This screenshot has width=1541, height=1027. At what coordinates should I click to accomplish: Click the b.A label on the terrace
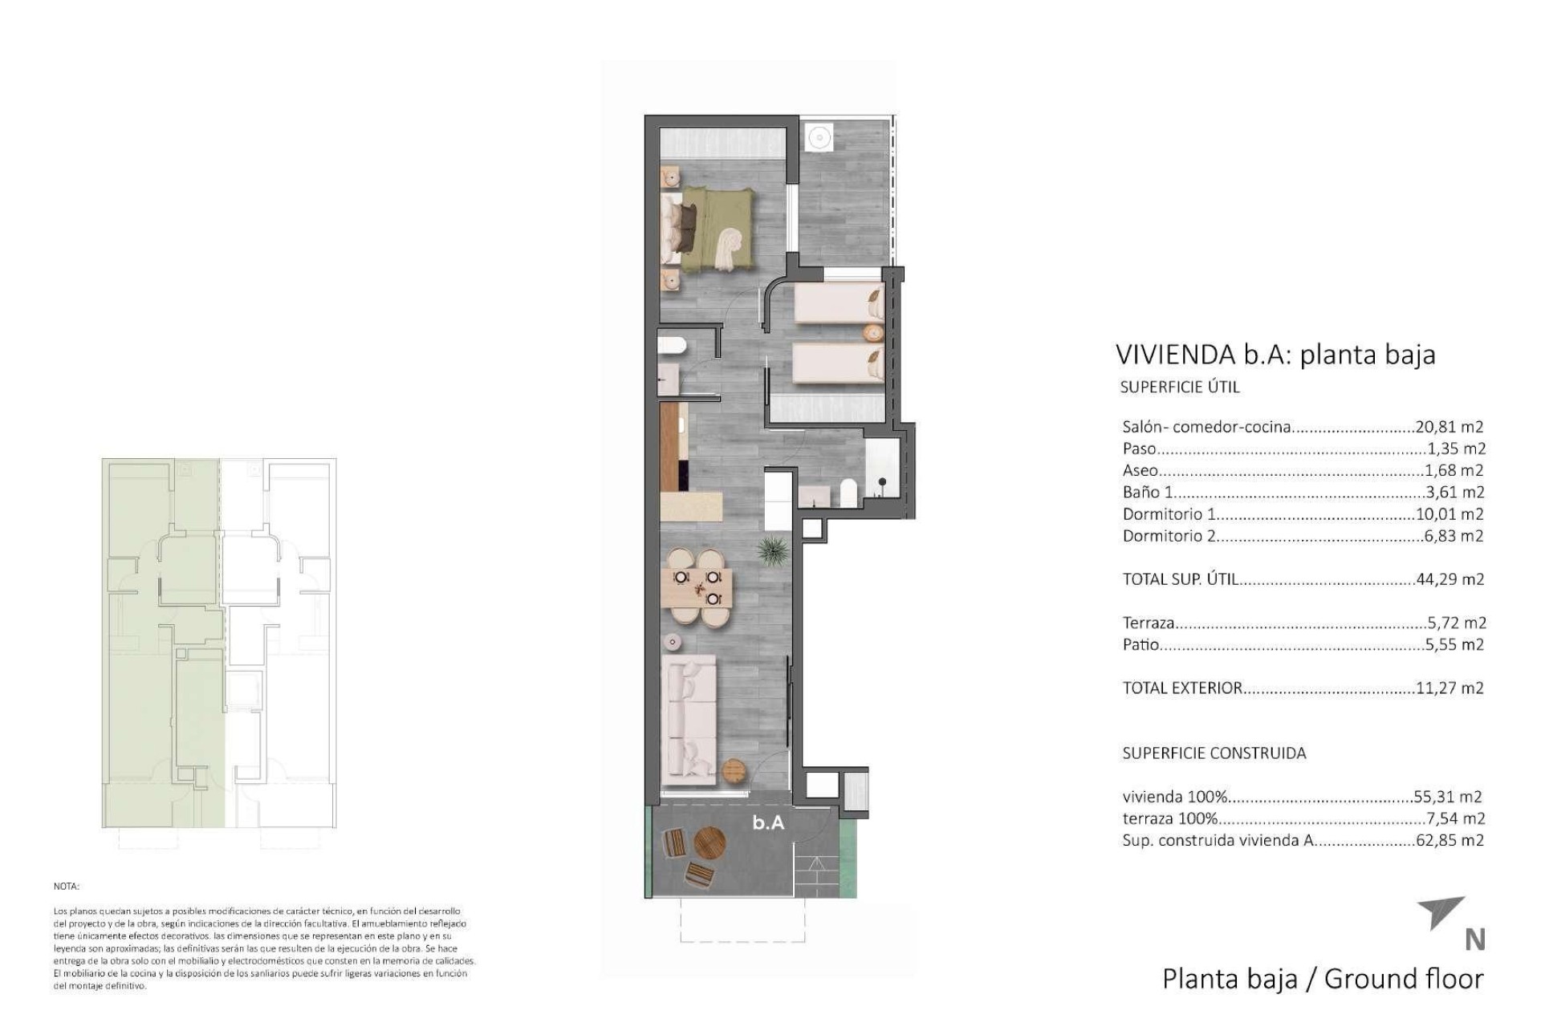[x=768, y=822]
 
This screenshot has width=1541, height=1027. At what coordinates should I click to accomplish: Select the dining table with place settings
[x=697, y=587]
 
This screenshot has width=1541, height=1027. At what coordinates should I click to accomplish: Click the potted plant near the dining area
[x=772, y=551]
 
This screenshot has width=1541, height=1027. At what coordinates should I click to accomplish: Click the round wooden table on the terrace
[x=710, y=843]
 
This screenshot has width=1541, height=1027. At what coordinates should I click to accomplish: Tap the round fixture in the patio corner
[x=819, y=137]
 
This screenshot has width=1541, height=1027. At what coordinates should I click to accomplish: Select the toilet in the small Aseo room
[x=670, y=346]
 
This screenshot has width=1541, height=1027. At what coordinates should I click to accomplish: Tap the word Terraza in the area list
[x=1149, y=623]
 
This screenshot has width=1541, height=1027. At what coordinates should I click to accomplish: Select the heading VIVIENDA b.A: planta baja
[x=1275, y=355]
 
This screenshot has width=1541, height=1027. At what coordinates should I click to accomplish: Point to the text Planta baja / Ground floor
[x=1323, y=979]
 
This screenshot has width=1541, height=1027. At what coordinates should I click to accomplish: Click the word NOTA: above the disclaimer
[x=67, y=887]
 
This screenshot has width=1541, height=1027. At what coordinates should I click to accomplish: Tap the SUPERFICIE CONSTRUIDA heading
[x=1214, y=753]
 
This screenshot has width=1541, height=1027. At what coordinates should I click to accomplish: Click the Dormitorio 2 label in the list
[x=1169, y=536]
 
